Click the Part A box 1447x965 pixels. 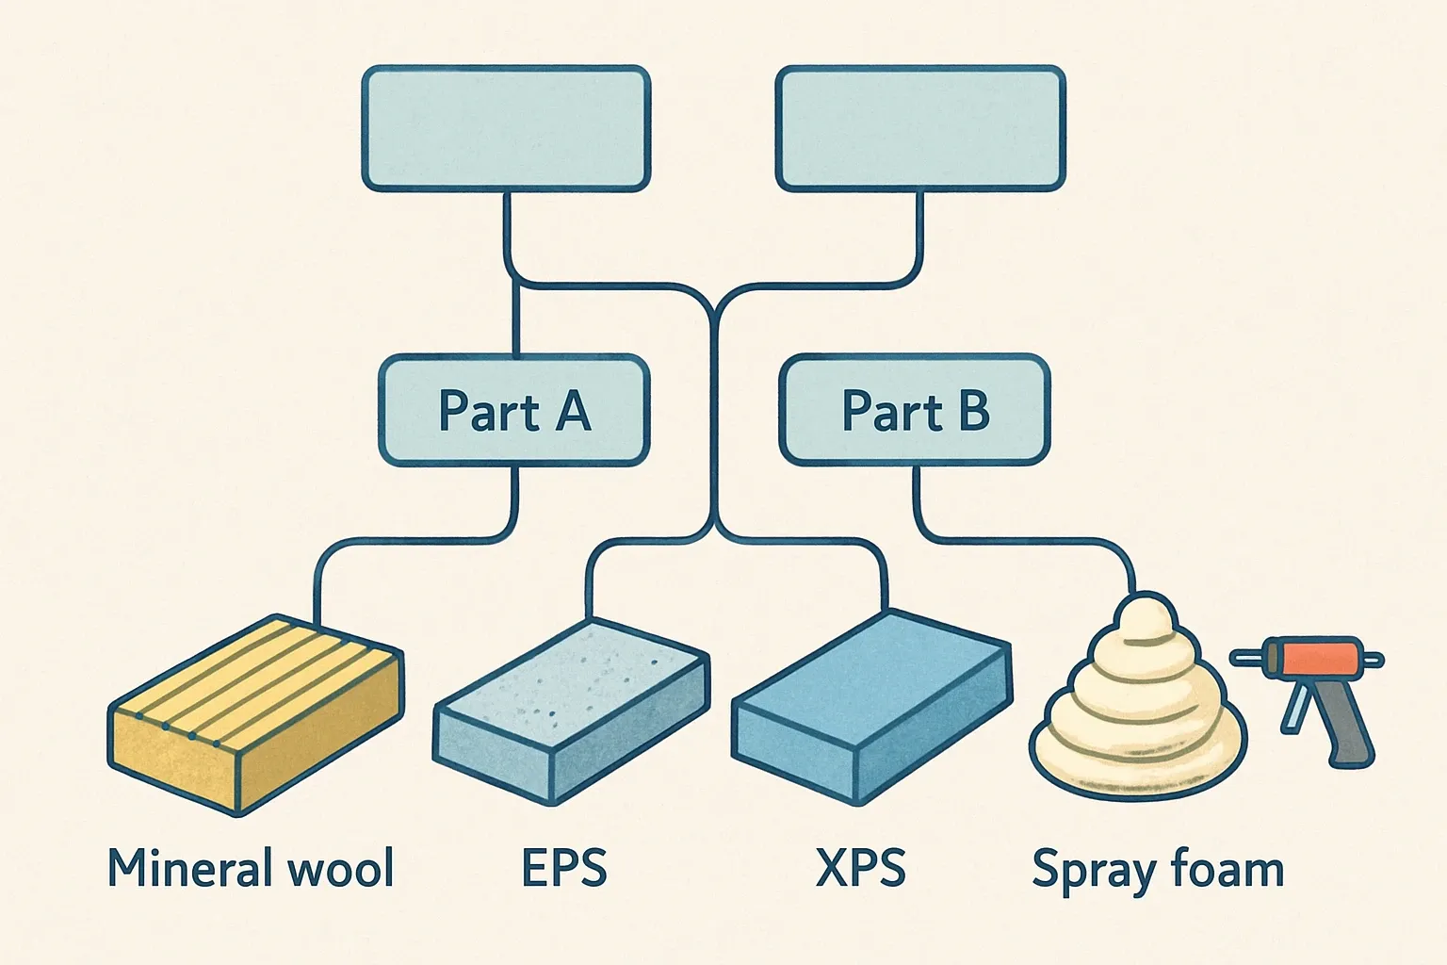point(513,411)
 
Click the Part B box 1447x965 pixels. point(914,411)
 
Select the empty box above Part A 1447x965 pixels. point(506,129)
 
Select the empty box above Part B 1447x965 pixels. point(920,129)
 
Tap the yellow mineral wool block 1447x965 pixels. point(254,716)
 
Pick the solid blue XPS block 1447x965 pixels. point(871,702)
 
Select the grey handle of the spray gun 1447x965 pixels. point(1349,726)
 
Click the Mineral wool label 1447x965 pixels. point(251,868)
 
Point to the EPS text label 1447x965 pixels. point(564,868)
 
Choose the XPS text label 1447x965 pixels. point(860,868)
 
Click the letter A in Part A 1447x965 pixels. point(572,412)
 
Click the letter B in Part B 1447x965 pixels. point(973,411)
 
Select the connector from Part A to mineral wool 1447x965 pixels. point(415,540)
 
